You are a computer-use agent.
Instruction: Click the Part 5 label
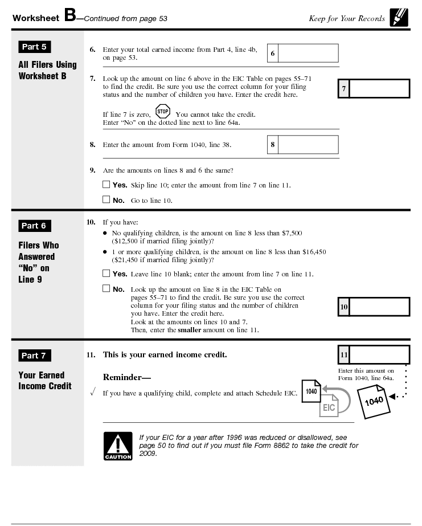[34, 47]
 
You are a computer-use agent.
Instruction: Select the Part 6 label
[34, 226]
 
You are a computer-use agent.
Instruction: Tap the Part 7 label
[34, 356]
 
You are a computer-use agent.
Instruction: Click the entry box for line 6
[308, 54]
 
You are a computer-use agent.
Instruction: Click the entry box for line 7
[379, 89]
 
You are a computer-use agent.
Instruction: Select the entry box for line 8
[308, 145]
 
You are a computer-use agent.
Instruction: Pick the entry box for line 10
[379, 307]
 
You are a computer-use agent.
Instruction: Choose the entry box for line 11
[379, 354]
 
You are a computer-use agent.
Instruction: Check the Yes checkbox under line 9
[106, 185]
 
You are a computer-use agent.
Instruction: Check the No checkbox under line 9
[106, 199]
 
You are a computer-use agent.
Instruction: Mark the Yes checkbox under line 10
[106, 274]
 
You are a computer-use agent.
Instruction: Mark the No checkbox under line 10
[106, 288]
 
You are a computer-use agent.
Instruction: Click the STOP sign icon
[163, 111]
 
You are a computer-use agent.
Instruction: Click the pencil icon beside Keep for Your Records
[399, 18]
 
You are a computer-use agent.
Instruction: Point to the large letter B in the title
[70, 15]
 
